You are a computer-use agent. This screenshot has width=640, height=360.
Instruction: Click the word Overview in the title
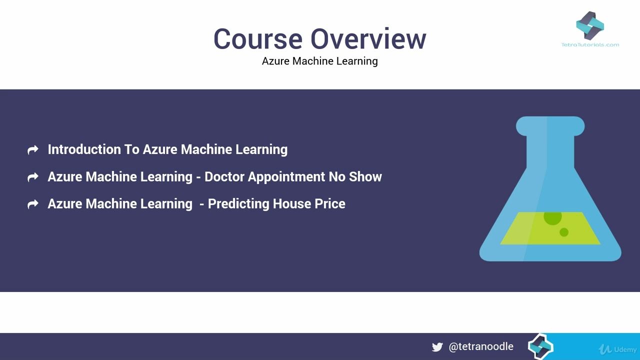click(368, 39)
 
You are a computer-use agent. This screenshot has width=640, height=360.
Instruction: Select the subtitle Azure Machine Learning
click(319, 61)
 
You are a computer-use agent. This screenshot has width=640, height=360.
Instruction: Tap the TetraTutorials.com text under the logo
click(590, 44)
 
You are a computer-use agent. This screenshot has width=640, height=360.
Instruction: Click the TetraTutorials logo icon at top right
click(590, 25)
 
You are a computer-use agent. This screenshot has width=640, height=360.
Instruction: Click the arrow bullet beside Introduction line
click(33, 150)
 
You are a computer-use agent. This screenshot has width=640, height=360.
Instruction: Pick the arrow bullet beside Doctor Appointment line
click(33, 177)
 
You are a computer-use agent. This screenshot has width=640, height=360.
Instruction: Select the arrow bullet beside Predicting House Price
click(33, 204)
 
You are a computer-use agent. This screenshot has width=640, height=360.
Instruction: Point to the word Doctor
click(224, 176)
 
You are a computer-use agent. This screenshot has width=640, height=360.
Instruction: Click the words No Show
click(355, 176)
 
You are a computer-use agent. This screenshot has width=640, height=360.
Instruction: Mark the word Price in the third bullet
click(330, 203)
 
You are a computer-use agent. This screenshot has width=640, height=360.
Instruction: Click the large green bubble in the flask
click(552, 217)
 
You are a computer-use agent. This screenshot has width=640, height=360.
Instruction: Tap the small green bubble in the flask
click(564, 232)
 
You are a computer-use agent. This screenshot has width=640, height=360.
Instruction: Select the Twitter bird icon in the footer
click(437, 347)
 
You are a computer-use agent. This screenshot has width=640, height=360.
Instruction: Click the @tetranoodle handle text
click(481, 346)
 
